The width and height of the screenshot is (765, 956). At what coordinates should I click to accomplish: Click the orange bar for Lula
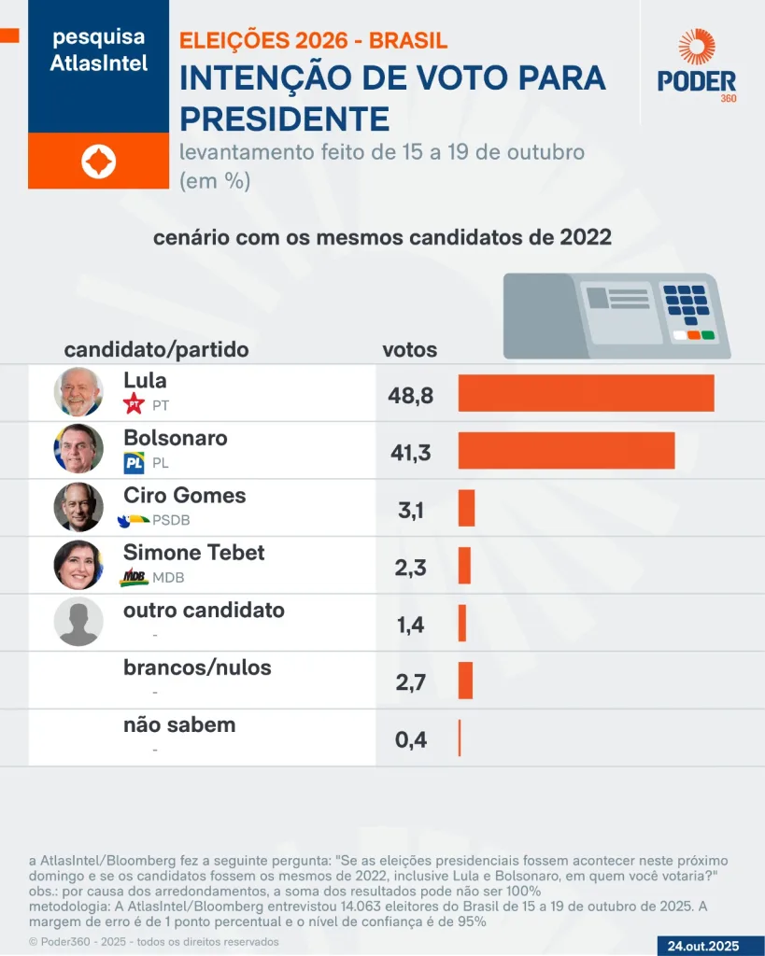586,393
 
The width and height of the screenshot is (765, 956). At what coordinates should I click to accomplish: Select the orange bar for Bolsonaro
566,450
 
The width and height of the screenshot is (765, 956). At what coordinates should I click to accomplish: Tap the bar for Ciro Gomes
466,508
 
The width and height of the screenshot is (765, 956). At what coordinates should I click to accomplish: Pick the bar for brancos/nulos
465,681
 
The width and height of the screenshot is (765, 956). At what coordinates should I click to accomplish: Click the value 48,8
411,396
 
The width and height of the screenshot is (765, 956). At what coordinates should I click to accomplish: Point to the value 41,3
411,453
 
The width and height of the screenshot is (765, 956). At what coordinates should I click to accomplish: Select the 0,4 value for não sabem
411,740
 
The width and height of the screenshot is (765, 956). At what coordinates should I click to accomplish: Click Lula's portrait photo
78,392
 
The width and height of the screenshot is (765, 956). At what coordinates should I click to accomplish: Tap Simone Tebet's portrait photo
78,564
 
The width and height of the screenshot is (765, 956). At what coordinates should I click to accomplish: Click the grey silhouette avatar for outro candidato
78,622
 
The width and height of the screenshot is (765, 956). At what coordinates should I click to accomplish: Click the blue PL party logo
134,462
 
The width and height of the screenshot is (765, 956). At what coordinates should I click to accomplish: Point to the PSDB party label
171,520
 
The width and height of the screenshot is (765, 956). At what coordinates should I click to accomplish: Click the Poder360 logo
697,65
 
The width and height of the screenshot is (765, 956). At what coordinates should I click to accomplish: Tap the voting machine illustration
616,316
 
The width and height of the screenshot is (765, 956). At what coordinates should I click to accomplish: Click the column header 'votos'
410,350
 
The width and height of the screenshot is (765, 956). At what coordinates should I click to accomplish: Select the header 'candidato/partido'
156,350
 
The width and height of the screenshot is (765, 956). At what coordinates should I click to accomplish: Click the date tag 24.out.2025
703,946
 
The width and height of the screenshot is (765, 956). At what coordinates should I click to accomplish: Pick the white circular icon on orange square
98,162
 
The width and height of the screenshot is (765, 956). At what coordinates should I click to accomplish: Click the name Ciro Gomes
184,495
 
